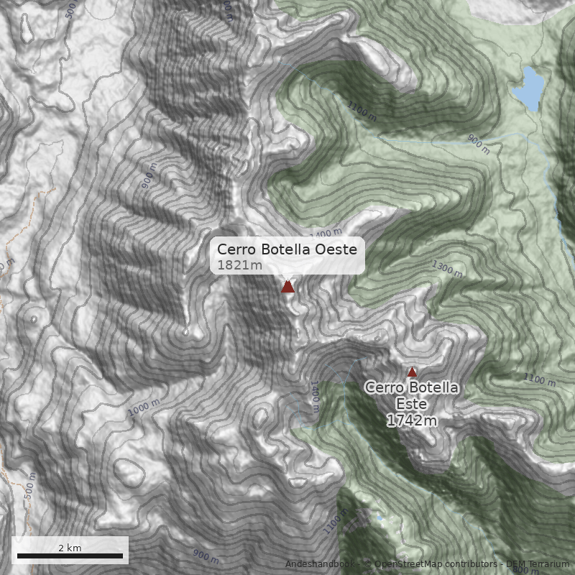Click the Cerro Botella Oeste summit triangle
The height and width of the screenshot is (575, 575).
(x=287, y=287)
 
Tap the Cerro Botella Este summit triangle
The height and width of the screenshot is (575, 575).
(x=412, y=372)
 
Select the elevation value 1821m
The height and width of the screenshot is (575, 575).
(x=239, y=265)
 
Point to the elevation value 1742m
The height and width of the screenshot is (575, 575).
(x=412, y=420)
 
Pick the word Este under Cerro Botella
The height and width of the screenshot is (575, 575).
(x=412, y=404)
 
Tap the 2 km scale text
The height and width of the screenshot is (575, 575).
(x=70, y=548)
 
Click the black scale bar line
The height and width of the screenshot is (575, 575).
(x=70, y=556)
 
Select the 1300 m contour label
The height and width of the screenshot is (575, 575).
(x=447, y=267)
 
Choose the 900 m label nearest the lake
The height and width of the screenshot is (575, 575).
(x=479, y=145)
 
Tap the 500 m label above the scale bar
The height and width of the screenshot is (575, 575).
(x=29, y=487)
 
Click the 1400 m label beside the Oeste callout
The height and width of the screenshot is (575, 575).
(x=327, y=234)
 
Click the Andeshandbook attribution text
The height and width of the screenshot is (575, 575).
(x=320, y=563)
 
